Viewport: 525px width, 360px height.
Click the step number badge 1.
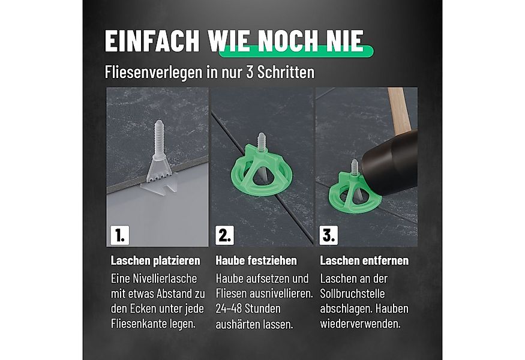118,235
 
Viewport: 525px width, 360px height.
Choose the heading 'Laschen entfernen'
364,261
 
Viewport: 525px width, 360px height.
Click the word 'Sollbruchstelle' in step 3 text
352,294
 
